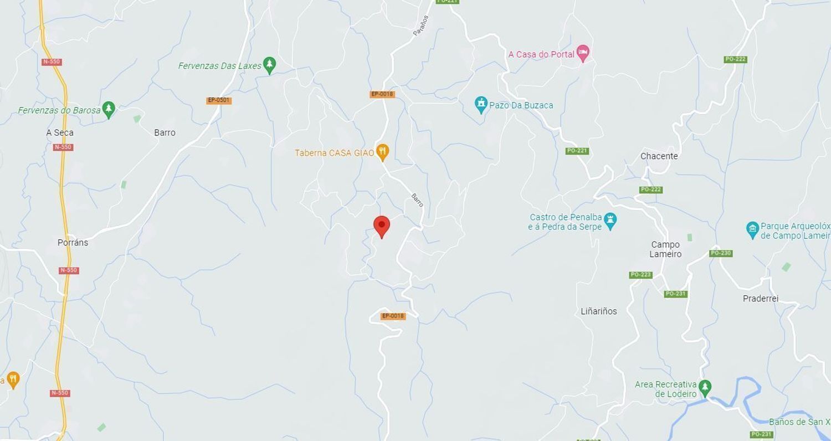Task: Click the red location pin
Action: click(382, 227)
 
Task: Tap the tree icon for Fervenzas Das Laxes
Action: click(269, 65)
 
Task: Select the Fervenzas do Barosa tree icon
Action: click(109, 110)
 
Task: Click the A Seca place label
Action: click(60, 133)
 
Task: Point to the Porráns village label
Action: click(73, 243)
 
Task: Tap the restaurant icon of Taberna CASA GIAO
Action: click(382, 152)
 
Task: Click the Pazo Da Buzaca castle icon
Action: click(481, 104)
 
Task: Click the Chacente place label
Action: click(659, 156)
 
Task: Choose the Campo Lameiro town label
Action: click(665, 249)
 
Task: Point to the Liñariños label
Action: click(598, 311)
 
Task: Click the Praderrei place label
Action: click(760, 299)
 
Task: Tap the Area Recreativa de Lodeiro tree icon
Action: click(705, 387)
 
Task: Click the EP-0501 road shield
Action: click(219, 100)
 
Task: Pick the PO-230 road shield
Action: click(721, 253)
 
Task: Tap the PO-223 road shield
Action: click(640, 275)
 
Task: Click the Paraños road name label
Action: click(421, 25)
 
